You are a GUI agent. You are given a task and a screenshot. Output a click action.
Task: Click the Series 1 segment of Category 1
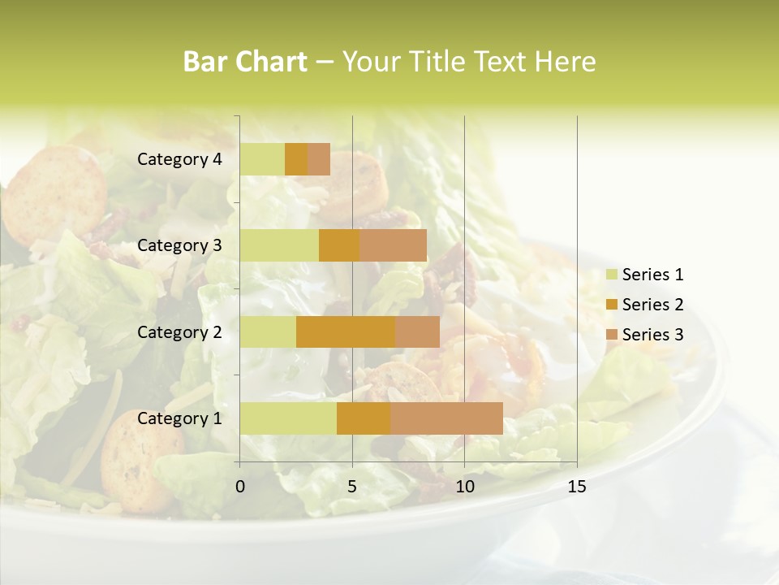(x=288, y=418)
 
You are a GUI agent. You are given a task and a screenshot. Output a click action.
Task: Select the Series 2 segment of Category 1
(x=364, y=418)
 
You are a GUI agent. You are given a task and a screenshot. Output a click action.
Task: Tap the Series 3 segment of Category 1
(x=446, y=418)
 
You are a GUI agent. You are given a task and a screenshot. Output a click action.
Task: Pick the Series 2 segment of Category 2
(x=346, y=331)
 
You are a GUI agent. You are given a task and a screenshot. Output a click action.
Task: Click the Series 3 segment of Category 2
(x=417, y=331)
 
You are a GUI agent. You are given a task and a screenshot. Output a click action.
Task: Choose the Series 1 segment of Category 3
(x=279, y=245)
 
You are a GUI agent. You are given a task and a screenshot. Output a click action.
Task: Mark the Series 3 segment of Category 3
(x=393, y=245)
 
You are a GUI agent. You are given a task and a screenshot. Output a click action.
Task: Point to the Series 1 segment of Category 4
(x=262, y=159)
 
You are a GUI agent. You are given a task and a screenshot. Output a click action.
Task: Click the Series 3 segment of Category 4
(x=319, y=159)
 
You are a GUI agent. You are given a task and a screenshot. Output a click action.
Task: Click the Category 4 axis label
(x=179, y=159)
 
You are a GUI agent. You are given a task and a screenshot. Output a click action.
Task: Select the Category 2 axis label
(x=179, y=331)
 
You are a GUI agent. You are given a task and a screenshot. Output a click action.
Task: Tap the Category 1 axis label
(x=179, y=418)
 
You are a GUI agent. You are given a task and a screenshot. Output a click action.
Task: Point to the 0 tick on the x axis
(x=240, y=487)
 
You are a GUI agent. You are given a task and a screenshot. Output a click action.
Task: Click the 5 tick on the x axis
(x=352, y=487)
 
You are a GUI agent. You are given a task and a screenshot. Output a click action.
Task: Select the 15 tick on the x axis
(x=576, y=487)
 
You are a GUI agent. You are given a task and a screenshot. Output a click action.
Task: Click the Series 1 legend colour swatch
(x=611, y=275)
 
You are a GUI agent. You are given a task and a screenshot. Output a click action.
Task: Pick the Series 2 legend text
(x=652, y=305)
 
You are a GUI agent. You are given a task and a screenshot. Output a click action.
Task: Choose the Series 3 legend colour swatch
(x=611, y=335)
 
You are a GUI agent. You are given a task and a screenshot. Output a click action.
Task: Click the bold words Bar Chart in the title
(x=245, y=62)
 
